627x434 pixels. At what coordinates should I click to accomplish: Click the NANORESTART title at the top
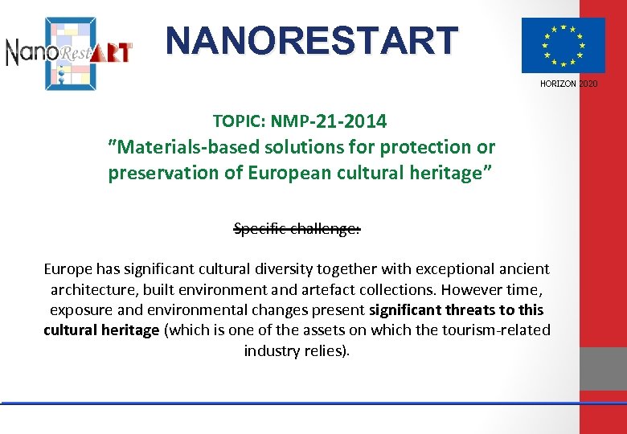pos(312,39)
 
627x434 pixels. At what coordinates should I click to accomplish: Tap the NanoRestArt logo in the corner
pos(69,52)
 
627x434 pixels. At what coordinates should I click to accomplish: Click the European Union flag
pos(563,45)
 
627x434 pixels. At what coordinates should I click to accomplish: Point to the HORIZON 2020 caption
pos(568,84)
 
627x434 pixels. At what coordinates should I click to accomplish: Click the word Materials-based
pos(177,147)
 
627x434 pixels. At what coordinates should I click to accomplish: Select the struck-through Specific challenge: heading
pos(297,229)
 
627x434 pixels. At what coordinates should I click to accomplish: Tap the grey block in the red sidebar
pos(603,368)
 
